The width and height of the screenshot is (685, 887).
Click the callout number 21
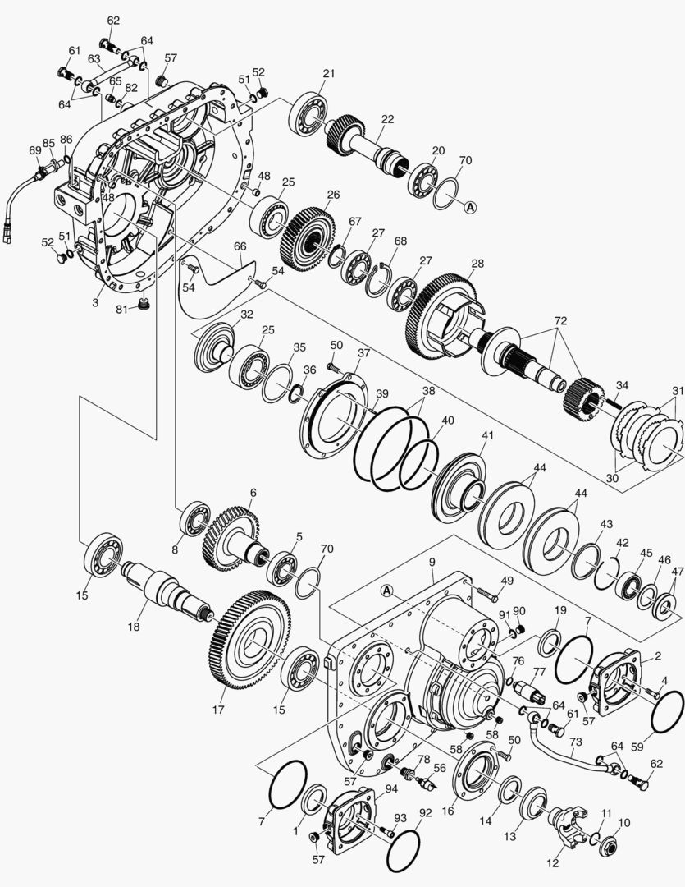[329, 74]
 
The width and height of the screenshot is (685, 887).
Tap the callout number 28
[477, 263]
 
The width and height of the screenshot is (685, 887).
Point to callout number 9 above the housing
[431, 563]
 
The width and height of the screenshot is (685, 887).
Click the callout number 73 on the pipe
[576, 742]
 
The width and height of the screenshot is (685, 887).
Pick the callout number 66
[240, 246]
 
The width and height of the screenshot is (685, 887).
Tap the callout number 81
[121, 309]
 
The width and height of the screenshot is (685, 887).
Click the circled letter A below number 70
[471, 207]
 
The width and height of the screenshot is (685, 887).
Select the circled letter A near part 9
[388, 590]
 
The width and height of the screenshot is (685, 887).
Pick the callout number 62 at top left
[113, 20]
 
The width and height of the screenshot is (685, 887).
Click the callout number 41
[488, 434]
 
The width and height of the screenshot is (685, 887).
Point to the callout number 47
[677, 572]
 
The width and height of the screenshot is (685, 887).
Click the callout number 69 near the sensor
[34, 150]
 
